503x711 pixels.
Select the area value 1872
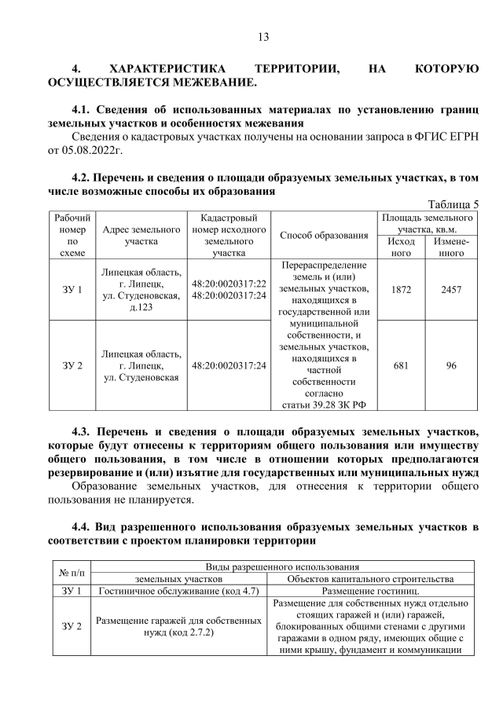tap(402, 290)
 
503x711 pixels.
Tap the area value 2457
tap(451, 290)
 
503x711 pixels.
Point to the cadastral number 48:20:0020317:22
tap(229, 283)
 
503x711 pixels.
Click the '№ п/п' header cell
tap(72, 573)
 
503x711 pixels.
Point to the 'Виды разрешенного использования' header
tap(283, 566)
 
